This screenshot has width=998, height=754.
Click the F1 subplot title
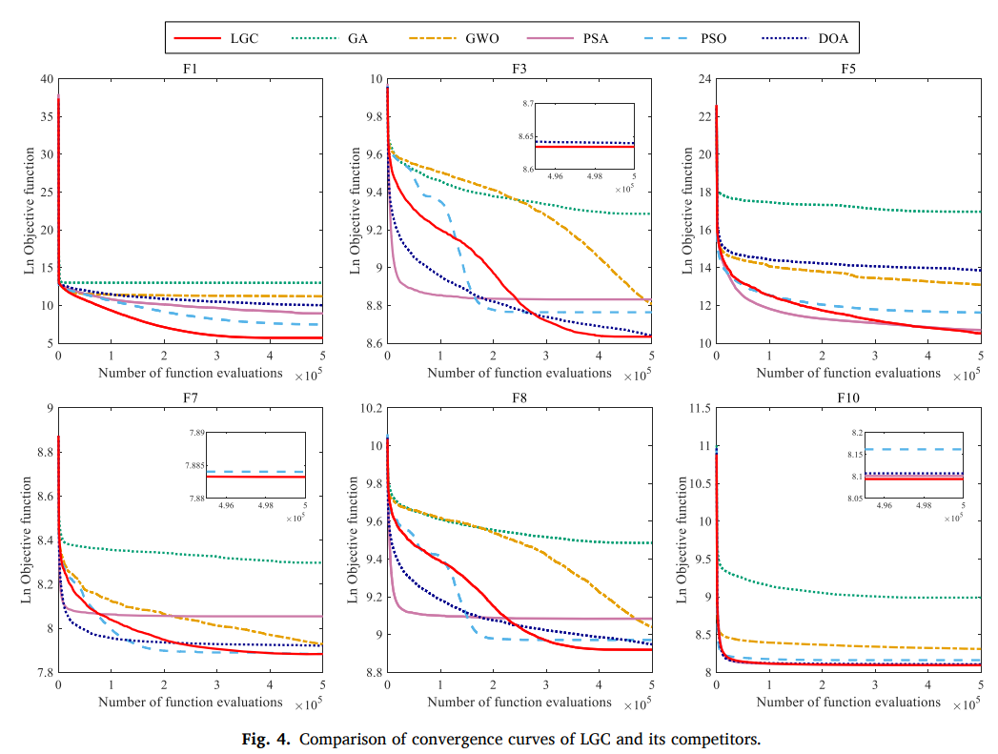[191, 69]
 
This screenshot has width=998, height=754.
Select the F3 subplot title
[519, 69]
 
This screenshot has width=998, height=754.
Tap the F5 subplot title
[848, 69]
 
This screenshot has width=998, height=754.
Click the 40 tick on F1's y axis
[46, 78]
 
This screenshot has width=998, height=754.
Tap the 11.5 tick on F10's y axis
[700, 408]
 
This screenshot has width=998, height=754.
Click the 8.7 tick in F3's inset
[525, 102]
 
